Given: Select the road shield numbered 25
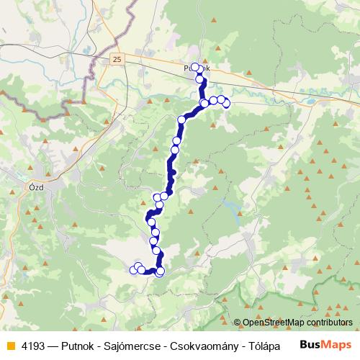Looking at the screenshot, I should click(117, 58).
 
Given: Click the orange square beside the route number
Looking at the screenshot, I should click(9, 346).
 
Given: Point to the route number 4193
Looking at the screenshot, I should click(32, 346).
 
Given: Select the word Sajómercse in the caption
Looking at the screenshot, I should click(138, 346).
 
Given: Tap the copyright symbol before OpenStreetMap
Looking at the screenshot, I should click(238, 323).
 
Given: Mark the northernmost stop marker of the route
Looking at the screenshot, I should click(194, 67).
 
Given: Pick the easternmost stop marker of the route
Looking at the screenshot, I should click(226, 104).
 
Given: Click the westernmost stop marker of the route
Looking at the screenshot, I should click(133, 270).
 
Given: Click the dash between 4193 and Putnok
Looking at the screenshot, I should click(53, 346).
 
